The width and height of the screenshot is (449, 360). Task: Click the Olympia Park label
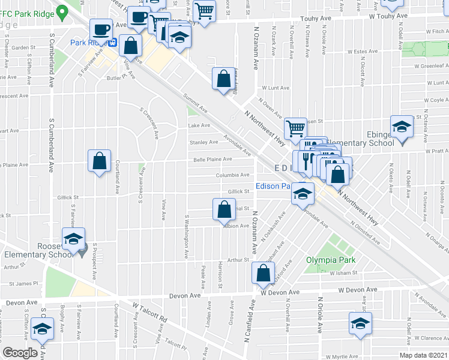(x=331, y=260)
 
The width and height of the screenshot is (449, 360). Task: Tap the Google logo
(x=20, y=353)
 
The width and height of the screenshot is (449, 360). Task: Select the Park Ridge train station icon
(x=112, y=43)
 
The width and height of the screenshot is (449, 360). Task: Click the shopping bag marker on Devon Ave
(x=265, y=274)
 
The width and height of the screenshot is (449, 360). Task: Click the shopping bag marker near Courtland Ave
(x=100, y=161)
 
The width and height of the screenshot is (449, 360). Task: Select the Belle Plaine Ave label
(x=212, y=160)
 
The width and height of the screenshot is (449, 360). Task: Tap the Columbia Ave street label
(x=232, y=175)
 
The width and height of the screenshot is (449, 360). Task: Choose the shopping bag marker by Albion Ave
(x=223, y=209)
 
